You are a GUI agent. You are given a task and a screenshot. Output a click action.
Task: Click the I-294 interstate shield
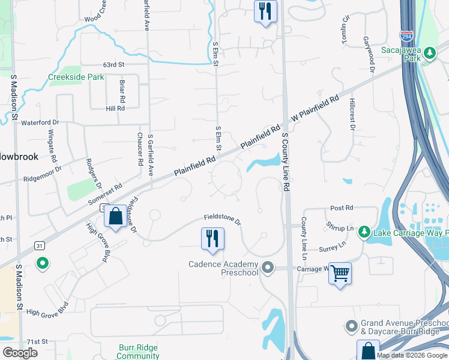[407, 37]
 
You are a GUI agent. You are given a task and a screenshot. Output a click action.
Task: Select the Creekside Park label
[76, 77]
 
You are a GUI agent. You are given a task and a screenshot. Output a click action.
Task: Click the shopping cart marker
[340, 274]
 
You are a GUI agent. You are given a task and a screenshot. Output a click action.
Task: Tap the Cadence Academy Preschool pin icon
[268, 268]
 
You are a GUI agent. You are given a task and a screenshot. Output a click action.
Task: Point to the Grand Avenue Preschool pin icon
[352, 326]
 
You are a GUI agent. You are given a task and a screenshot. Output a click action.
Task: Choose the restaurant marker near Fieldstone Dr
[212, 239]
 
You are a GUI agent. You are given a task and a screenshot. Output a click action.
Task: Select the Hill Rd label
[115, 109]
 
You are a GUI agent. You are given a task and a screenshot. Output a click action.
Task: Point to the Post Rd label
[342, 208]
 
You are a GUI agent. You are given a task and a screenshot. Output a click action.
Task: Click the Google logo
[20, 353]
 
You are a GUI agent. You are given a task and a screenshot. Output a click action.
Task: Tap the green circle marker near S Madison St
[43, 263]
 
